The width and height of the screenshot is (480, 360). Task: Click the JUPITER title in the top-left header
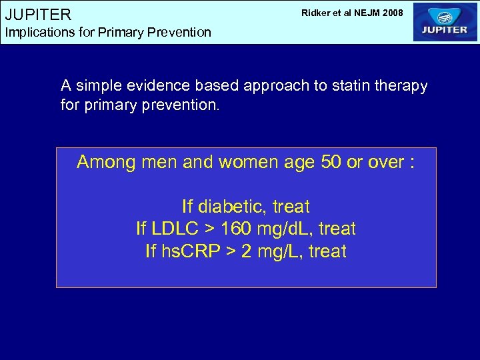[x=38, y=14]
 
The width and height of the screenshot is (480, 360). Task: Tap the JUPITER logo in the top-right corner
[x=445, y=22]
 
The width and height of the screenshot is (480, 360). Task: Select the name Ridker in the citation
[x=316, y=12]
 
